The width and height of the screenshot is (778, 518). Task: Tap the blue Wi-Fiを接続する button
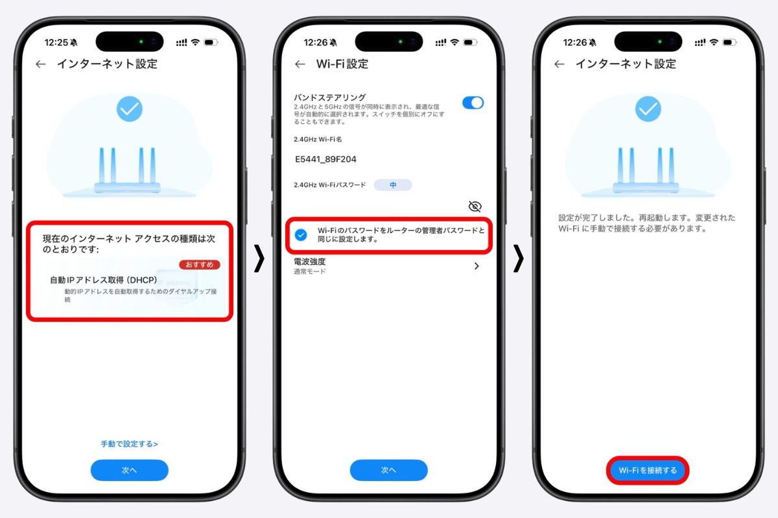pyautogui.click(x=648, y=470)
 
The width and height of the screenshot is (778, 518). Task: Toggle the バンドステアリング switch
pyautogui.click(x=473, y=103)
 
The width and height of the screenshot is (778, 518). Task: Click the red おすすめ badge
pyautogui.click(x=200, y=264)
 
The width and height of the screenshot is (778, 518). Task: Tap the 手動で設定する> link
pyautogui.click(x=129, y=444)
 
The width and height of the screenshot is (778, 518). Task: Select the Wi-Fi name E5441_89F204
pyautogui.click(x=325, y=159)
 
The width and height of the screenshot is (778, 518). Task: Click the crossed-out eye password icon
pyautogui.click(x=475, y=207)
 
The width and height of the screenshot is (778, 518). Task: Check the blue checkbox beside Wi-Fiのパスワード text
pyautogui.click(x=301, y=235)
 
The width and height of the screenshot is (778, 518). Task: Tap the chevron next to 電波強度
pyautogui.click(x=477, y=266)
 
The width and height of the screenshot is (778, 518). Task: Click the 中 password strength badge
pyautogui.click(x=393, y=185)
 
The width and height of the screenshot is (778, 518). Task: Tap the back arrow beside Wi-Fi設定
pyautogui.click(x=300, y=64)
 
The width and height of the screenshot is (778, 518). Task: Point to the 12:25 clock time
pyautogui.click(x=56, y=42)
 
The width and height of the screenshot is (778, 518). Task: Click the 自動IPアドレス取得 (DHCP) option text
pyautogui.click(x=104, y=280)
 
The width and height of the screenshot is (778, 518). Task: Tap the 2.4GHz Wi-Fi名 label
pyautogui.click(x=318, y=139)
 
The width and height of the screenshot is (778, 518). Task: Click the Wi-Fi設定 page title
pyautogui.click(x=342, y=64)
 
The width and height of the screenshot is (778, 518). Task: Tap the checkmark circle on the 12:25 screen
pyautogui.click(x=130, y=109)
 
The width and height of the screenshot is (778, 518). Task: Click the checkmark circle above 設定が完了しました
pyautogui.click(x=648, y=109)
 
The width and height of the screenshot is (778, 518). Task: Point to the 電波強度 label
pyautogui.click(x=309, y=261)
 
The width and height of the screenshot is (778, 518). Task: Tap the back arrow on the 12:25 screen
pyautogui.click(x=41, y=64)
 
